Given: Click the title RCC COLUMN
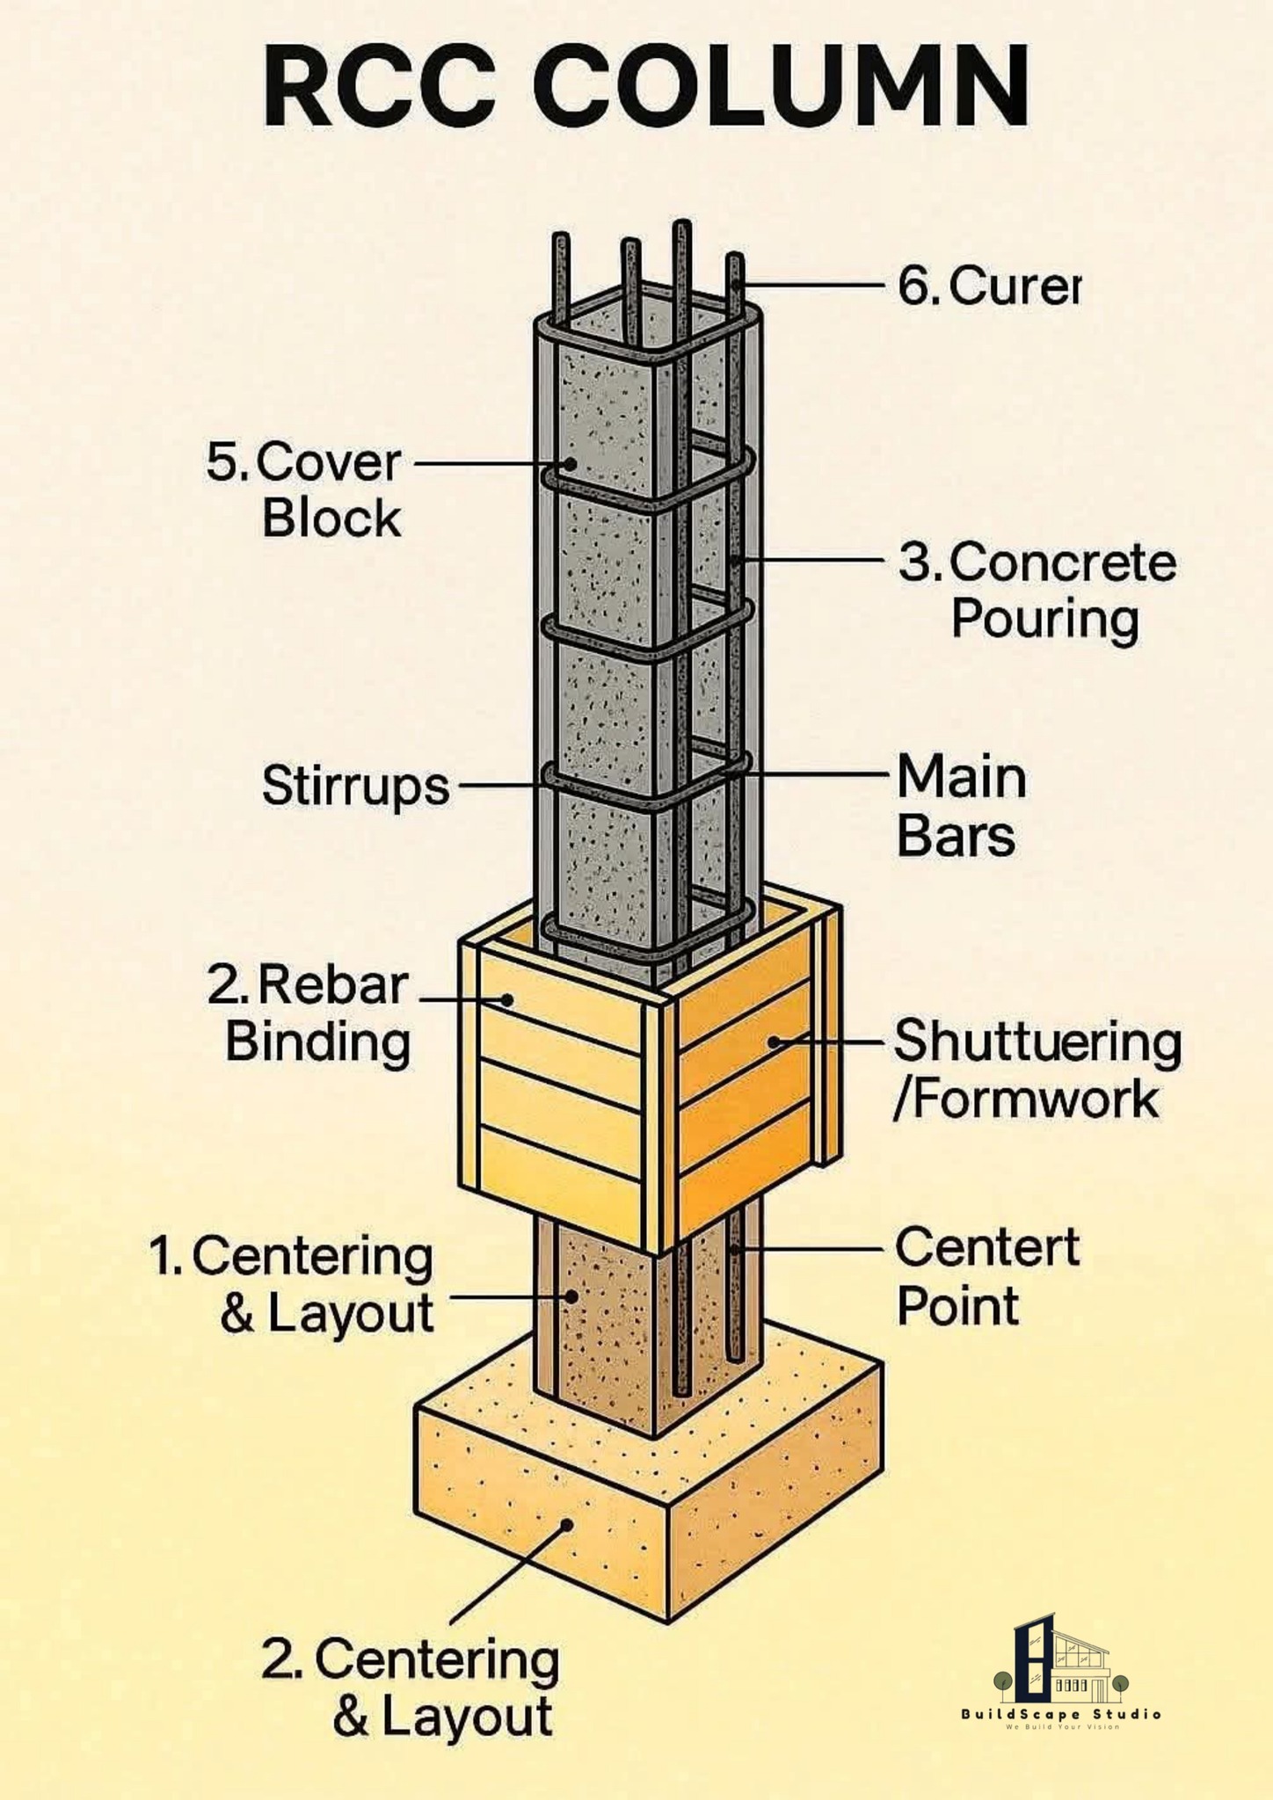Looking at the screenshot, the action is pos(646,88).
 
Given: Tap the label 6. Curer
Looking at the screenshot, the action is pos(988,286).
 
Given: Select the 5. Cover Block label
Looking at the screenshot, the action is pos(304,490).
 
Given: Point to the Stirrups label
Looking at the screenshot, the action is pos(356,785).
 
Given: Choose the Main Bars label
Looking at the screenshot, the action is pos(961,806).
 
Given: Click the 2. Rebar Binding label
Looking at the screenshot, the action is pos(309,1013).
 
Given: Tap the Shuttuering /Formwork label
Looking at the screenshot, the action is pos(1037,1070).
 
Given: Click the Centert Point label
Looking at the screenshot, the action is pos(987,1276).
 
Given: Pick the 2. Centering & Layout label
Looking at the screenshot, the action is pos(411,1687).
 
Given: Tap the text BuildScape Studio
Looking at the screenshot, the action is pos(1061,1714).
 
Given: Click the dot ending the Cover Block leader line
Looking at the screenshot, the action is pos(571,463).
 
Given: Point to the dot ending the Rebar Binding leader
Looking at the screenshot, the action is pos(507,999).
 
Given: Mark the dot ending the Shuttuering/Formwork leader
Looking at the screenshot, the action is pos(774,1042).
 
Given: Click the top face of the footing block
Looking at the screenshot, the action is pos(651,1415).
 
